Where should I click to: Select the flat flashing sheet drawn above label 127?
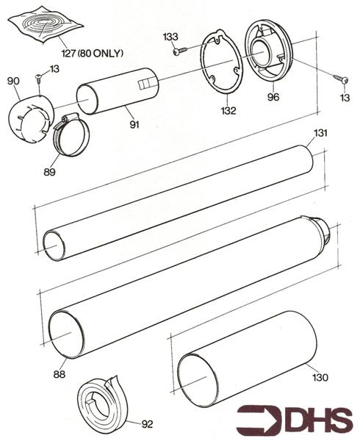[45, 25]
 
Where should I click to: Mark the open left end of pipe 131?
[56, 245]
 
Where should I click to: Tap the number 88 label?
[59, 374]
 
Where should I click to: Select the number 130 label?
[320, 378]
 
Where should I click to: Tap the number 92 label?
[147, 423]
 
